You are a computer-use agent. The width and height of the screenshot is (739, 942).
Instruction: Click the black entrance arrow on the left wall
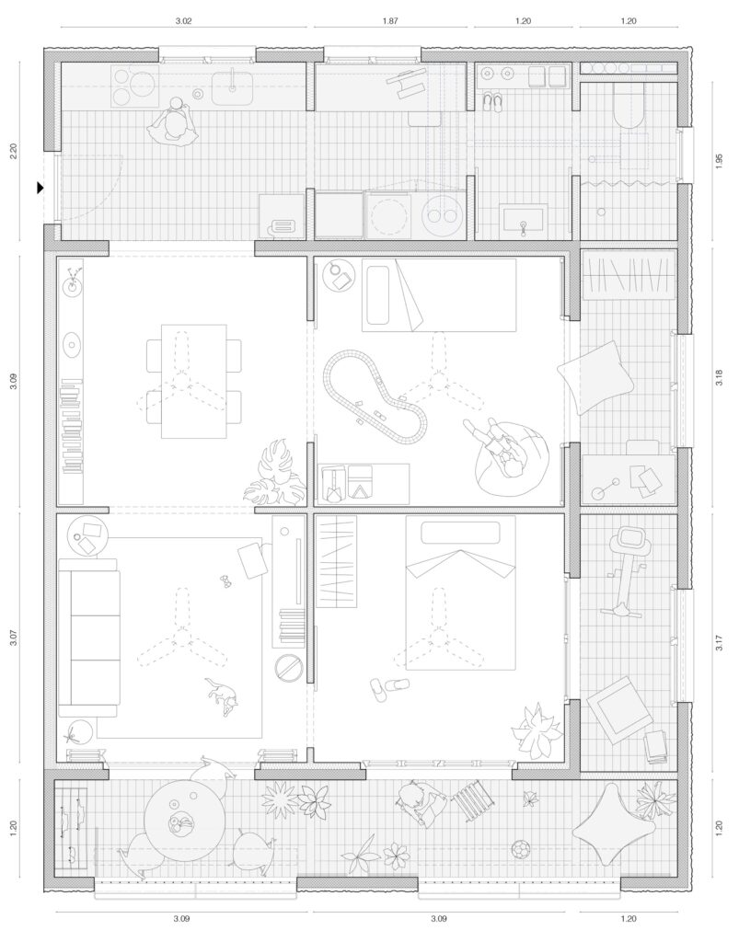pyautogui.click(x=40, y=188)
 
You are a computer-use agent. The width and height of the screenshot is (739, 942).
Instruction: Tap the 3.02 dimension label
pyautogui.click(x=182, y=19)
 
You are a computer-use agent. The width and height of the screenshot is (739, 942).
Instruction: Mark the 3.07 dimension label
pyautogui.click(x=14, y=638)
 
